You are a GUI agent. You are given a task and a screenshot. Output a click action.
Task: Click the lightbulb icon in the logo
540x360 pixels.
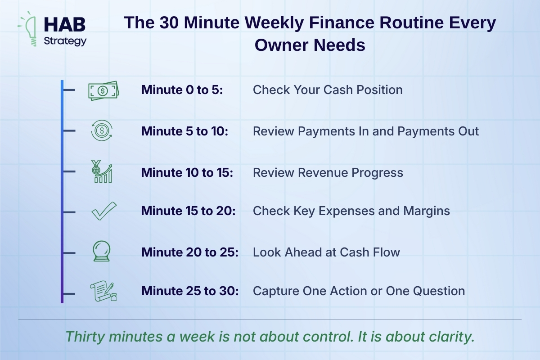pyautogui.click(x=31, y=29)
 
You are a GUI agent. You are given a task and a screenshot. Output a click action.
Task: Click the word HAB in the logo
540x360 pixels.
pyautogui.click(x=65, y=25)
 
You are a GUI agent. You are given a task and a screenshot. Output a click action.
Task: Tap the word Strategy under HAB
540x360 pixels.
pyautogui.click(x=65, y=41)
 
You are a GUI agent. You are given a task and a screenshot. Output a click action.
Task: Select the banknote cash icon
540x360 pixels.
pyautogui.click(x=103, y=90)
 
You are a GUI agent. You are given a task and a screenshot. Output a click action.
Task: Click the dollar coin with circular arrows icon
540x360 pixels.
pyautogui.click(x=102, y=130)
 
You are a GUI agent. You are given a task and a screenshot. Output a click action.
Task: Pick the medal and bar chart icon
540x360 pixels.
pyautogui.click(x=102, y=171)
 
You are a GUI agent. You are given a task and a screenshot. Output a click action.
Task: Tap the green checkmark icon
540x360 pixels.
pyautogui.click(x=104, y=211)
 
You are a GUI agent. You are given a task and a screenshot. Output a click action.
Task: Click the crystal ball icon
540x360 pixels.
pyautogui.click(x=102, y=251)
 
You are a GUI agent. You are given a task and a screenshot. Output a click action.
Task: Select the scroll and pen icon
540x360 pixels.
pyautogui.click(x=103, y=291)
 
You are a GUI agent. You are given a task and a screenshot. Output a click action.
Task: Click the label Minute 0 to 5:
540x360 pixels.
pyautogui.click(x=182, y=90)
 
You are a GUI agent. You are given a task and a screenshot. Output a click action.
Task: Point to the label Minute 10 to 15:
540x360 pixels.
pyautogui.click(x=187, y=173)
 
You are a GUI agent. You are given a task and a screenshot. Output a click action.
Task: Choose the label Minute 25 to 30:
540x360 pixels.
pyautogui.click(x=190, y=291)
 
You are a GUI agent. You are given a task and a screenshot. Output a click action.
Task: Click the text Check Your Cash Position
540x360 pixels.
pyautogui.click(x=328, y=90)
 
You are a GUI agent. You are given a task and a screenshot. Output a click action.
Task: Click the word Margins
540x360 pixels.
pyautogui.click(x=427, y=211)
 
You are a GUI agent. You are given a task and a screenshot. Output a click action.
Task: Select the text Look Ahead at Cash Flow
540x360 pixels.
pyautogui.click(x=326, y=252)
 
